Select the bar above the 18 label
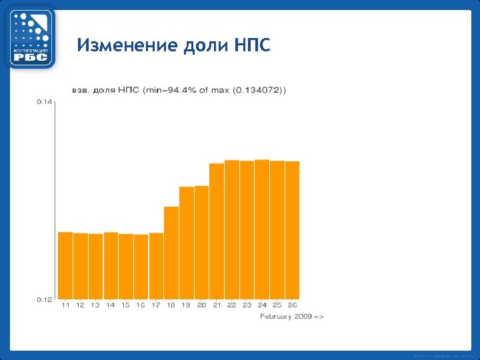click(171, 253)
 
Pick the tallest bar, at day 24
click(262, 229)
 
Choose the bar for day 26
click(292, 230)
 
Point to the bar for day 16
click(141, 267)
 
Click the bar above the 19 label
click(187, 243)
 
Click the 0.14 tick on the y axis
click(44, 101)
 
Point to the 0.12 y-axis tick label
click(44, 300)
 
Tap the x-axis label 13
click(95, 305)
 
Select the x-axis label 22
click(231, 305)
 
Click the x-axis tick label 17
click(156, 305)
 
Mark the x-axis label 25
click(277, 305)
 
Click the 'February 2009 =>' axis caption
click(291, 316)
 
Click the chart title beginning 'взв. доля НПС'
click(179, 90)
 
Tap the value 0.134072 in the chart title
click(259, 90)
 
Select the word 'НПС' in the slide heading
click(253, 46)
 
